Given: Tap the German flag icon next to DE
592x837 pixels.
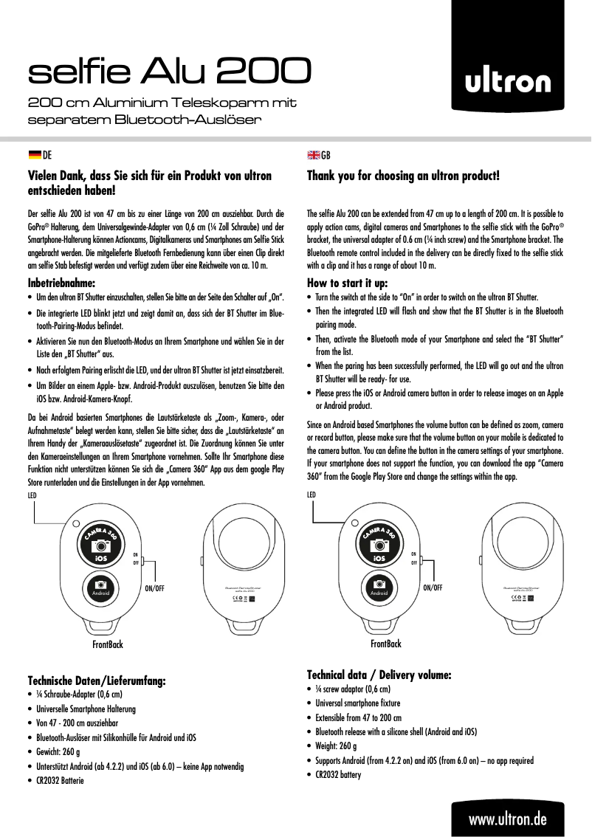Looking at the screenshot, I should point(34,155).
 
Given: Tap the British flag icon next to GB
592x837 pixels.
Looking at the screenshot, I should point(313,155).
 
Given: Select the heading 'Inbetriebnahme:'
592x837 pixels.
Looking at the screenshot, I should point(62,282).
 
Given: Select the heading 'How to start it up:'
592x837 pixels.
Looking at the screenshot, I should point(347,282).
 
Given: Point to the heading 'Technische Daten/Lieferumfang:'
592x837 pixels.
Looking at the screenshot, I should point(97,680).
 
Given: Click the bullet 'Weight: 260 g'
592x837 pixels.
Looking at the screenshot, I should point(341,746).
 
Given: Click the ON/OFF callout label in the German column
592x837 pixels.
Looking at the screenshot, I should point(154,588).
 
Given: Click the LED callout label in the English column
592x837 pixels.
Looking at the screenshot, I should point(312,495).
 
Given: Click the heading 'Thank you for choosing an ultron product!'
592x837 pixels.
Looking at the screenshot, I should point(403,176).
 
